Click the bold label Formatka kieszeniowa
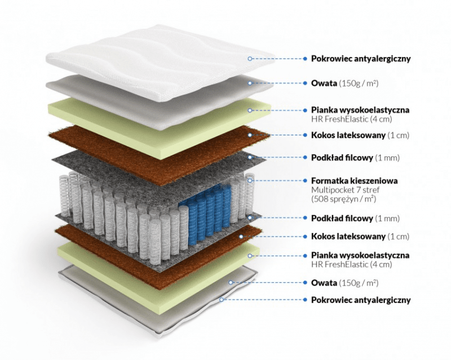355,181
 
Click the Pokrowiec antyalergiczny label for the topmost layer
361,58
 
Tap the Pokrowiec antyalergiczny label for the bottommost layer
361,300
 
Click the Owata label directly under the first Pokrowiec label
324,83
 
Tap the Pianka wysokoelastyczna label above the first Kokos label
360,110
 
